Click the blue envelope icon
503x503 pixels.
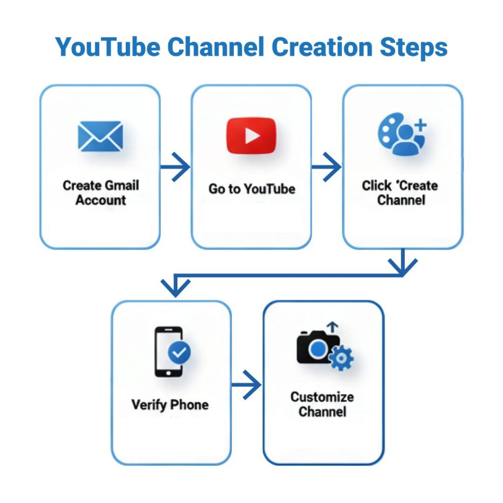pos(100,136)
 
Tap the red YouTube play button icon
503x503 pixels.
pos(251,136)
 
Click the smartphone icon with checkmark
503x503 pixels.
pos(171,352)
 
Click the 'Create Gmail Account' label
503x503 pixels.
pos(101,193)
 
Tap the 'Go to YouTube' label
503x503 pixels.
pos(251,189)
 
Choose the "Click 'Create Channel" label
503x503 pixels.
pos(400,193)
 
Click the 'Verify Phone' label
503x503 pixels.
pos(170,405)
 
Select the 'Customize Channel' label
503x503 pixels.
pos(322,404)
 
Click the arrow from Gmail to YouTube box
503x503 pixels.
pos(175,167)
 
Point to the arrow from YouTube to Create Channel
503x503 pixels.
pos(327,167)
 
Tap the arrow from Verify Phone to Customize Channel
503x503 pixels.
pos(247,384)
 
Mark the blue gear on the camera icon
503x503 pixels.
pos(340,358)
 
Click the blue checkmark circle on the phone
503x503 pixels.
pos(179,352)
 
